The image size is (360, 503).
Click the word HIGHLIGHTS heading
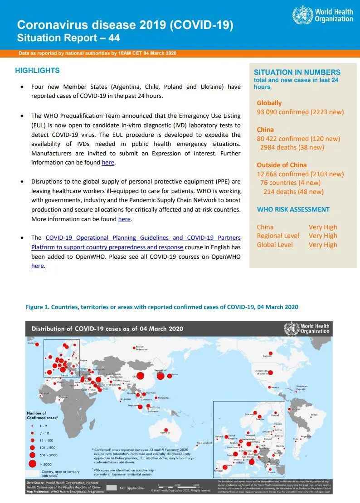point(37,71)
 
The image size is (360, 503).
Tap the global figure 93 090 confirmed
point(283,112)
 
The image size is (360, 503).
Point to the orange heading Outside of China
point(282,165)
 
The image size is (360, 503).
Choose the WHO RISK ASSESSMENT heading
point(293,209)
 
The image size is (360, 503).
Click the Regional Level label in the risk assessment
point(278,236)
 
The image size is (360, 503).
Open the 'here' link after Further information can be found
point(108,163)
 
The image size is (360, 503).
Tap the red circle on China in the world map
point(140,376)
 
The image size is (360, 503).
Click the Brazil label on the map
point(314,415)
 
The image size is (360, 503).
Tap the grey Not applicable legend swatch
point(112,488)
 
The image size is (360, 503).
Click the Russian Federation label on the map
point(141,348)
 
